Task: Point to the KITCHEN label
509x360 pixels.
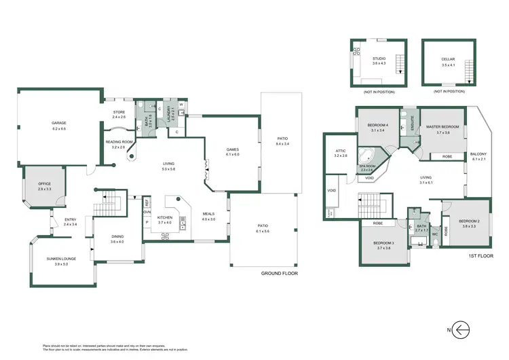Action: [x=165, y=219]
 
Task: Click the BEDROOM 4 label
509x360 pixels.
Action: [x=377, y=127]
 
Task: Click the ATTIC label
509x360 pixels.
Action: [x=341, y=154]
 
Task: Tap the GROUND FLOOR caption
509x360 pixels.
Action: [x=280, y=273]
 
